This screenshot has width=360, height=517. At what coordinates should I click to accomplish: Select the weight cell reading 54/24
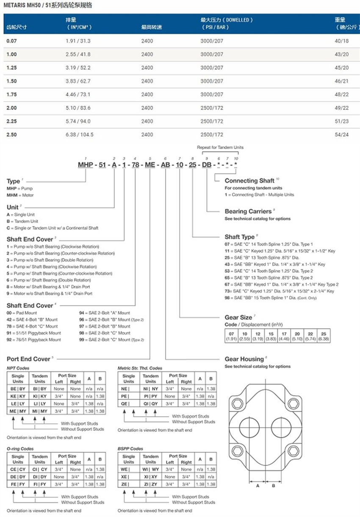pyautogui.click(x=341, y=135)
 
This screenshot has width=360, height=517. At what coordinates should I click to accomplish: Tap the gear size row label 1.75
pyautogui.click(x=12, y=94)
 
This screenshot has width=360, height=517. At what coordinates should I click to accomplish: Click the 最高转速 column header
pyautogui.click(x=151, y=28)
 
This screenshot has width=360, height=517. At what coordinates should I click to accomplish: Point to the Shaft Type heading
pyautogui.click(x=240, y=237)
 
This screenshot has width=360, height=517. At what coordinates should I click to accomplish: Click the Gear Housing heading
pyautogui.click(x=244, y=359)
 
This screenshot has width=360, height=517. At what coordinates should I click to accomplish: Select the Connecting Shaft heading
pyautogui.click(x=249, y=181)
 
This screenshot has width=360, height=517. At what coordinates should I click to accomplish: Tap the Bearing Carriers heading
pyautogui.click(x=248, y=211)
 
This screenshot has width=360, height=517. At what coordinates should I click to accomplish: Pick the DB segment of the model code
pyautogui.click(x=207, y=165)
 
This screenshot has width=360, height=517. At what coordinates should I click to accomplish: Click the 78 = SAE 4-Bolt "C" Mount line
pyautogui.click(x=32, y=326)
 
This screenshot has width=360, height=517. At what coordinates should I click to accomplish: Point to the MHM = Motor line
pyautogui.click(x=20, y=195)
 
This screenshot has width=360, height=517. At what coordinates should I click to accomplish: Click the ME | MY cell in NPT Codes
pyautogui.click(x=18, y=411)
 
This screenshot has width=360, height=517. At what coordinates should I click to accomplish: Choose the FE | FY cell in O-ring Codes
pyautogui.click(x=18, y=484)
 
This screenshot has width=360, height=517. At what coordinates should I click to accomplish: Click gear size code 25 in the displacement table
pyautogui.click(x=324, y=334)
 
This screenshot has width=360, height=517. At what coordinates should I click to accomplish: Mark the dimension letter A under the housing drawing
pyautogui.click(x=258, y=486)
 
